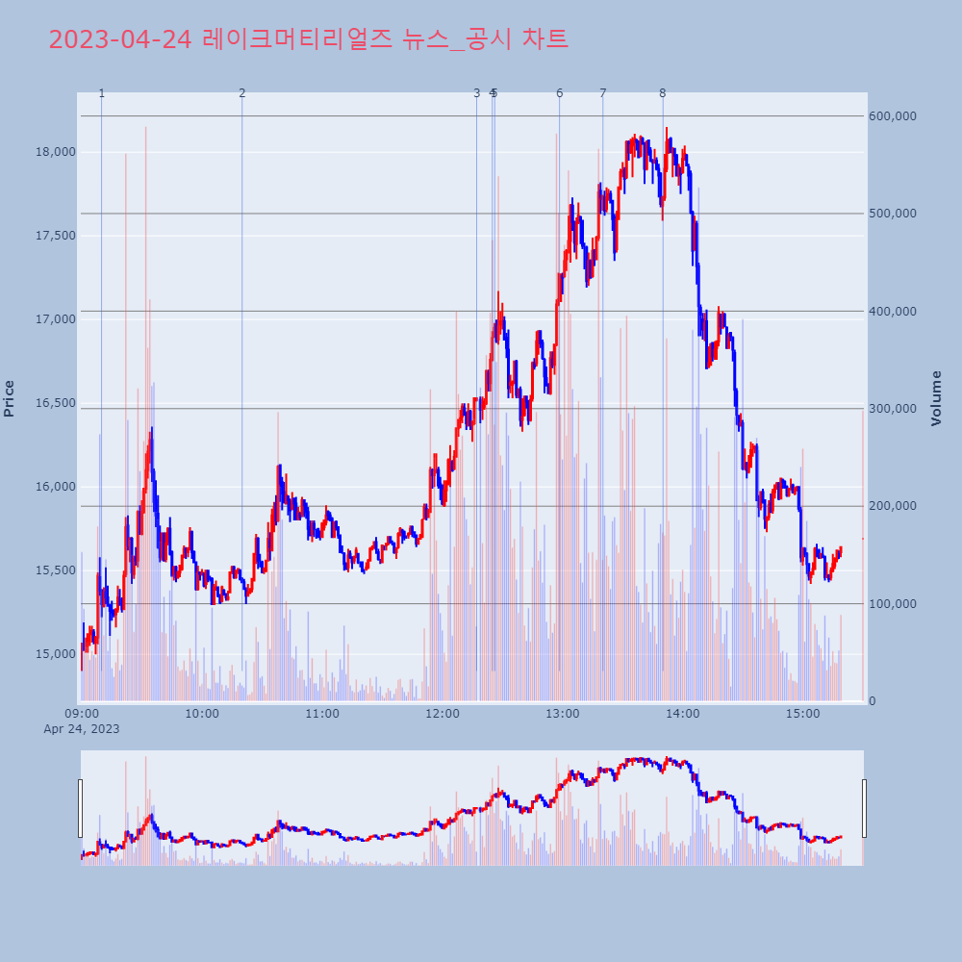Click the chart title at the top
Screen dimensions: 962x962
point(308,39)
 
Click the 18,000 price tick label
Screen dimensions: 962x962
point(55,152)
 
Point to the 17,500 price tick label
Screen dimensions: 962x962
point(55,236)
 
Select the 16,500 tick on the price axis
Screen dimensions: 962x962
point(55,403)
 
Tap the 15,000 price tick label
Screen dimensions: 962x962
point(55,654)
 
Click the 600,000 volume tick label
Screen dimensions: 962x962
point(893,116)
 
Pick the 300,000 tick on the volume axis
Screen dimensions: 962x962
point(893,409)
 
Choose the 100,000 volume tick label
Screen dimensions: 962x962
point(893,604)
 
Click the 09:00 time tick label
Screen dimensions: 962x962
point(82,714)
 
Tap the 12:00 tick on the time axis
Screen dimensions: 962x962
point(443,714)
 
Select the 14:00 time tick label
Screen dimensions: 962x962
point(683,714)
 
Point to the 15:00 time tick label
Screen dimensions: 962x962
point(803,714)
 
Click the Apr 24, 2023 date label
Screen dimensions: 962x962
point(82,729)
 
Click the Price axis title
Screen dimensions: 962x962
point(10,398)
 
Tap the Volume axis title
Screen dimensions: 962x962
point(936,398)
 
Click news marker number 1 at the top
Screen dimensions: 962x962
point(101,93)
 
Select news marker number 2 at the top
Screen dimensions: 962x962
point(241,93)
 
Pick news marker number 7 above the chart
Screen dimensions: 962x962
point(603,93)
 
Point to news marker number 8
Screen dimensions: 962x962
point(662,93)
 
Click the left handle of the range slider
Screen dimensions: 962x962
point(80,808)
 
